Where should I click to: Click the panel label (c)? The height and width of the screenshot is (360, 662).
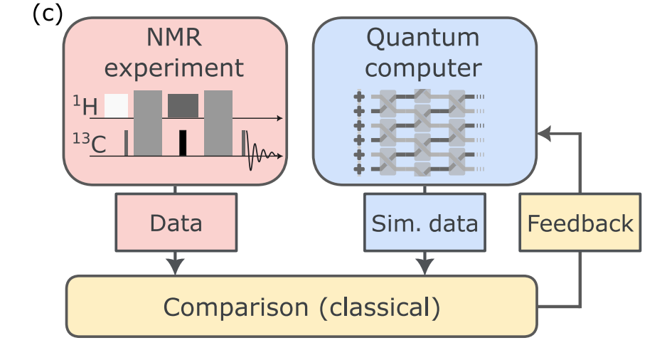point(48,14)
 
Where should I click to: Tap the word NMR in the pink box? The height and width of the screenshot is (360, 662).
point(174,38)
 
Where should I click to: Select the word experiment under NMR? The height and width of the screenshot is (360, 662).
point(174,69)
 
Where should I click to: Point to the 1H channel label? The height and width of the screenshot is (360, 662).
point(85,107)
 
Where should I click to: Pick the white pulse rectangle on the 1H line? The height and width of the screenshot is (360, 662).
point(117,105)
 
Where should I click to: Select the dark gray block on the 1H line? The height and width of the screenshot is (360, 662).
point(183,105)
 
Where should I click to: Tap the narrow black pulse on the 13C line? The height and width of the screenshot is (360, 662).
point(183,142)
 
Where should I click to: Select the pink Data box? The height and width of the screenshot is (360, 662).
point(176,223)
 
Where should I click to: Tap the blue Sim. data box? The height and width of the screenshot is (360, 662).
point(425,223)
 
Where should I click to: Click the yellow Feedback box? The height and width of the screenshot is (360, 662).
point(580,223)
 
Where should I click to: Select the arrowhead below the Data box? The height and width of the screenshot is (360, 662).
point(175,266)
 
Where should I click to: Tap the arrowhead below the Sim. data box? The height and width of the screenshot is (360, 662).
point(425,266)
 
